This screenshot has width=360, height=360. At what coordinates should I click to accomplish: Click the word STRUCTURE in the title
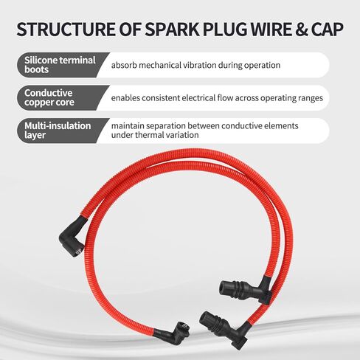66,30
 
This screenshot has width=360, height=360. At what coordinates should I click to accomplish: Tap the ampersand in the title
302,30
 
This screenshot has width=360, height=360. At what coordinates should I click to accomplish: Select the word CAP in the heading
328,30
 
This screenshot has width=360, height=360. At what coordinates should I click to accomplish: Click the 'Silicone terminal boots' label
60,65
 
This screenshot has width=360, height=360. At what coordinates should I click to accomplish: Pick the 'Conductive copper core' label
49,97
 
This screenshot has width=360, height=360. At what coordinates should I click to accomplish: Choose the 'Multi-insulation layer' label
58,131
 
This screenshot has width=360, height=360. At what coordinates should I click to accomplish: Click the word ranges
311,98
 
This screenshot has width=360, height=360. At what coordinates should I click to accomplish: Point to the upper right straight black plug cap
246,288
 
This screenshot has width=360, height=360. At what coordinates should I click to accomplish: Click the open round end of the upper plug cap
222,287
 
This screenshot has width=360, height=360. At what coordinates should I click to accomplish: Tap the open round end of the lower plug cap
204,316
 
